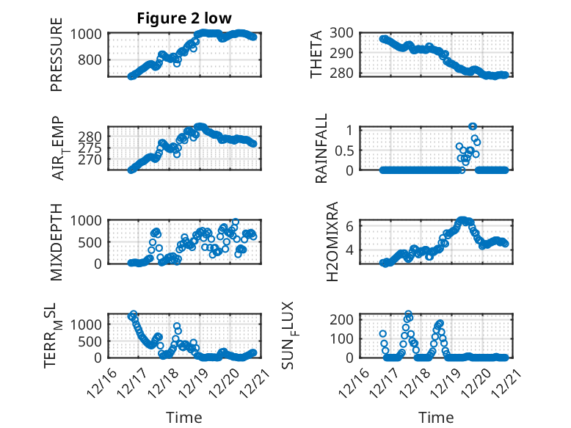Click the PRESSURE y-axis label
(57, 60)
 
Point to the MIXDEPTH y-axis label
(57, 242)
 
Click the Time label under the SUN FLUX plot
(436, 418)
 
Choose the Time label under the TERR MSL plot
(183, 418)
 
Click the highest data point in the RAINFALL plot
(473, 127)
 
